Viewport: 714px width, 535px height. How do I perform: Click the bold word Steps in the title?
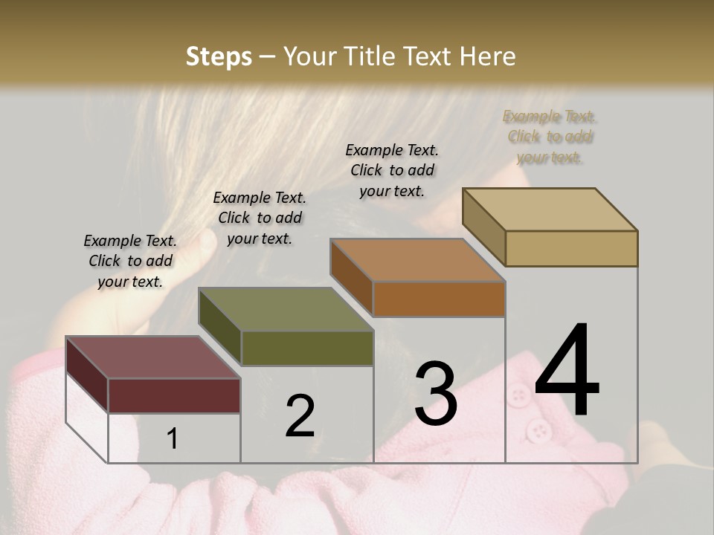click(219, 56)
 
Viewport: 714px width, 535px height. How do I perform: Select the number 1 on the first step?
click(173, 438)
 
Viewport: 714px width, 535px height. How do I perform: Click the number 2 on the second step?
click(300, 416)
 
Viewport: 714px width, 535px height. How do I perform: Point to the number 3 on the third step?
click(436, 393)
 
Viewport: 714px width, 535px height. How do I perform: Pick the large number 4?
click(567, 372)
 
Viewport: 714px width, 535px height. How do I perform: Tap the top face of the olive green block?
click(286, 309)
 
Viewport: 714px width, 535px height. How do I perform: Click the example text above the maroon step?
click(130, 261)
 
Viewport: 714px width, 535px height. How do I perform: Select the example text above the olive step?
click(260, 218)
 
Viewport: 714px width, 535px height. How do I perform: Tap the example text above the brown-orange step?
click(392, 170)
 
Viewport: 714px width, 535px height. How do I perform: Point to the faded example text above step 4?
click(550, 137)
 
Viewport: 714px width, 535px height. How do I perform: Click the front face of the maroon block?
click(174, 395)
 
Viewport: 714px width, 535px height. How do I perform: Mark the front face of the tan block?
click(571, 248)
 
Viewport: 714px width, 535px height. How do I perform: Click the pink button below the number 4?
click(537, 429)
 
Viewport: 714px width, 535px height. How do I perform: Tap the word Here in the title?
click(487, 56)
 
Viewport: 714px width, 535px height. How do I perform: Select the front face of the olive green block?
click(307, 348)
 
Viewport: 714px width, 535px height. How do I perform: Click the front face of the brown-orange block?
click(439, 299)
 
